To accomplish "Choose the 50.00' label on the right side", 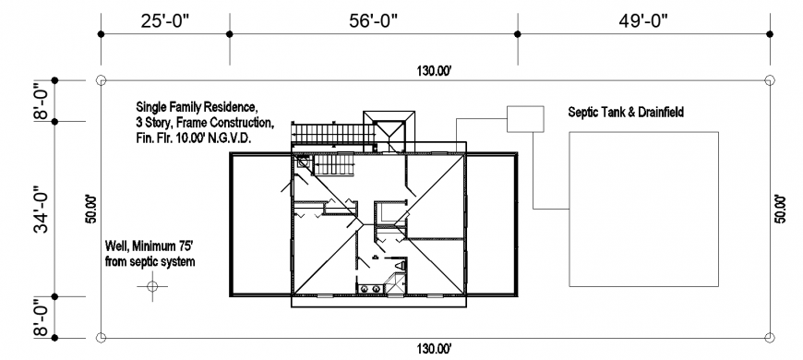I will pyautogui.click(x=781, y=209).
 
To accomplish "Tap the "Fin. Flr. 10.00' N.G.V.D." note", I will pyautogui.click(x=194, y=137).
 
